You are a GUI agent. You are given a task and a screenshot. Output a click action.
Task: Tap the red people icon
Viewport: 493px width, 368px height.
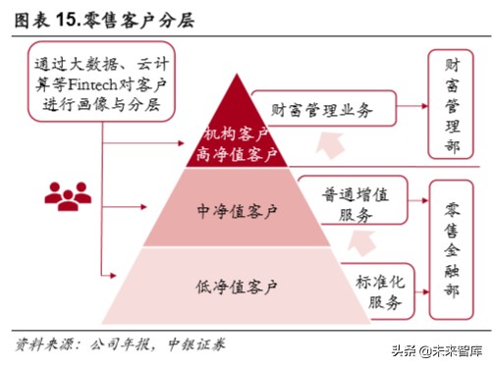[x=66, y=194]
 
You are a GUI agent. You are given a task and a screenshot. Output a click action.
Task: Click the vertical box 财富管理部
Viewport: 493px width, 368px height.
[x=454, y=105]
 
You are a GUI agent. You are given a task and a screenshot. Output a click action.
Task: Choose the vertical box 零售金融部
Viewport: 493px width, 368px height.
[x=454, y=251]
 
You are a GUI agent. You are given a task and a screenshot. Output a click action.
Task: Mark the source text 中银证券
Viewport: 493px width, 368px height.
[x=192, y=344]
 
